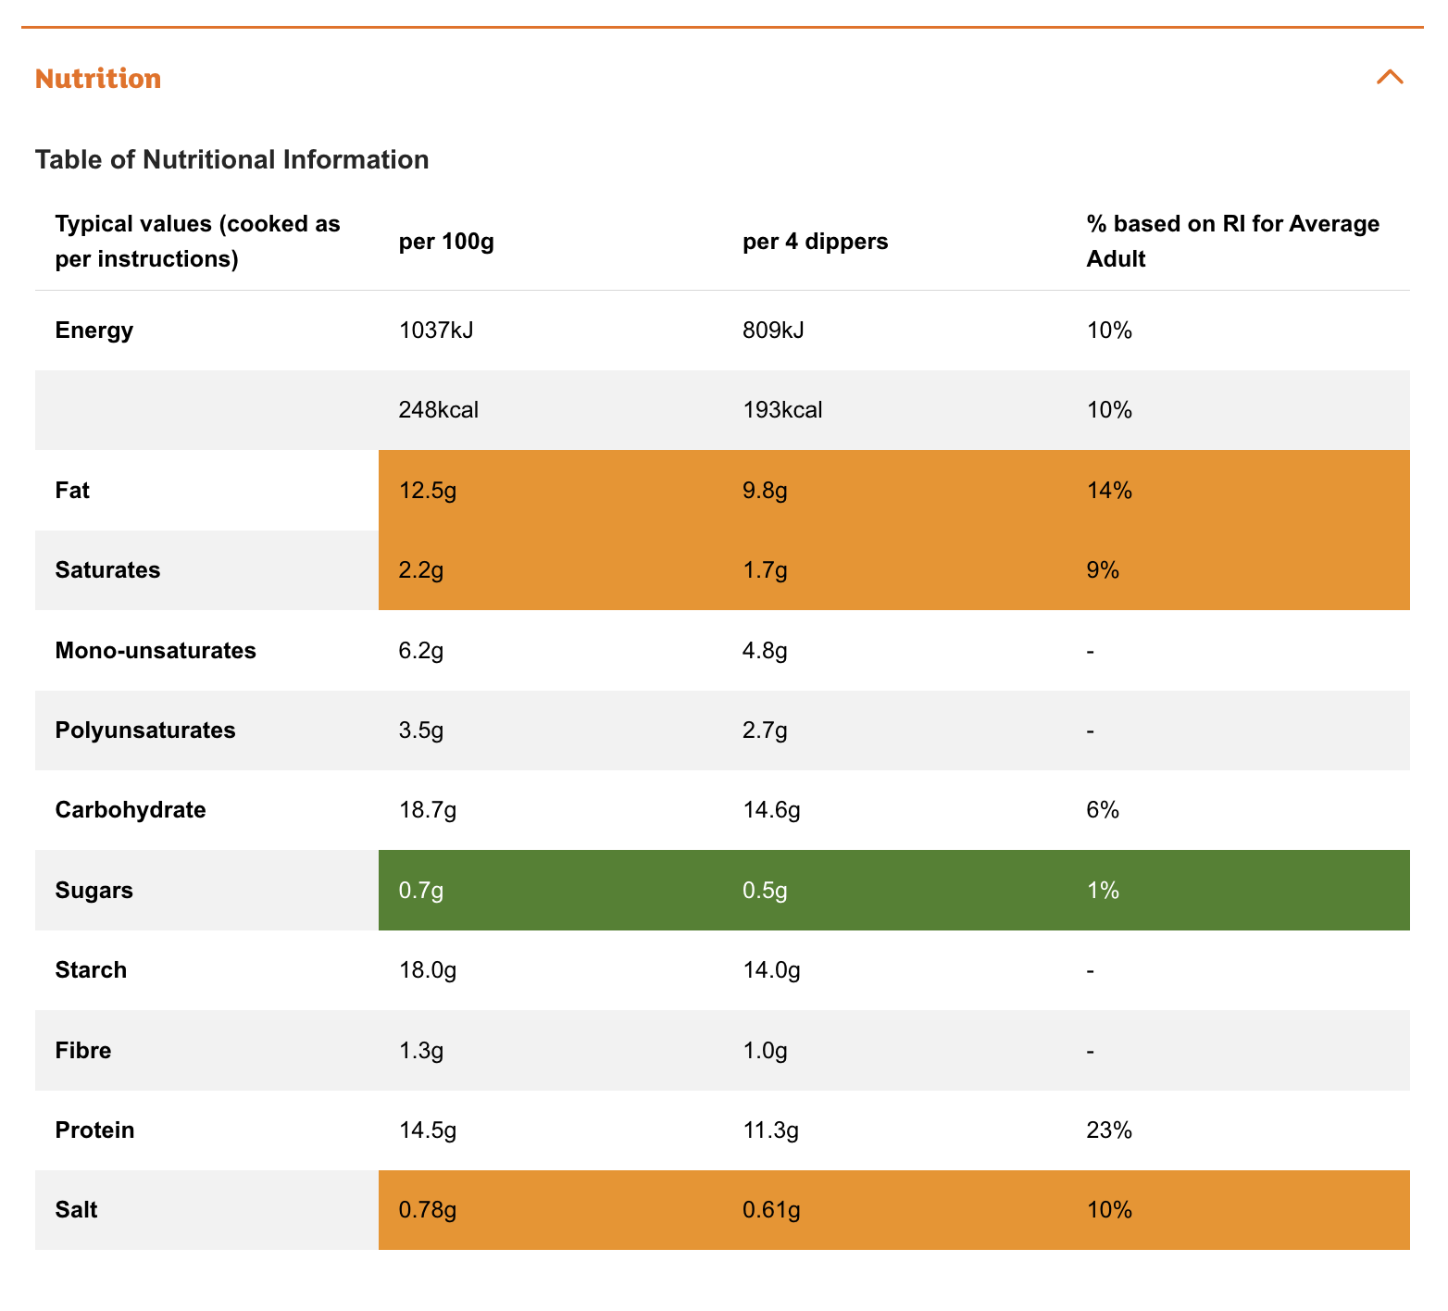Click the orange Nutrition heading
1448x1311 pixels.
[x=98, y=79]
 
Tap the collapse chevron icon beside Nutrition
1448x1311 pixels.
[x=1390, y=77]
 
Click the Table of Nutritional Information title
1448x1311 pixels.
[x=232, y=159]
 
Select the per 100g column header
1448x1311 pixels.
[x=446, y=242]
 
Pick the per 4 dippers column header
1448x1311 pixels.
[x=816, y=242]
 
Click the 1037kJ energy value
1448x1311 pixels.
[x=436, y=331]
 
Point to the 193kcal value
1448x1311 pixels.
[x=782, y=410]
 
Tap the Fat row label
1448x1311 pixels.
[x=72, y=490]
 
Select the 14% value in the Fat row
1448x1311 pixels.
[x=1109, y=490]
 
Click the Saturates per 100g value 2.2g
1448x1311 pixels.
[x=421, y=570]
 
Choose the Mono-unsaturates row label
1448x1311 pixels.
[x=156, y=650]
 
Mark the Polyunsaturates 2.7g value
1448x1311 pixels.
[x=765, y=730]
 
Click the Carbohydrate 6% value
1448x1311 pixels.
[x=1103, y=810]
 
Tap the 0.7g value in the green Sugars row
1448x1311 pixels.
[x=421, y=891]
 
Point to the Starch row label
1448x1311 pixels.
[x=91, y=970]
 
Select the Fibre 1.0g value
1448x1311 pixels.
[x=765, y=1051]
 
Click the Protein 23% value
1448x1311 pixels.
[x=1109, y=1130]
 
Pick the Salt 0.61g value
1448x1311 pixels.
[x=771, y=1210]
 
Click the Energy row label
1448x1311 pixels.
[x=94, y=331]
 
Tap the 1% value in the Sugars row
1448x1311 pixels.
[x=1103, y=891]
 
